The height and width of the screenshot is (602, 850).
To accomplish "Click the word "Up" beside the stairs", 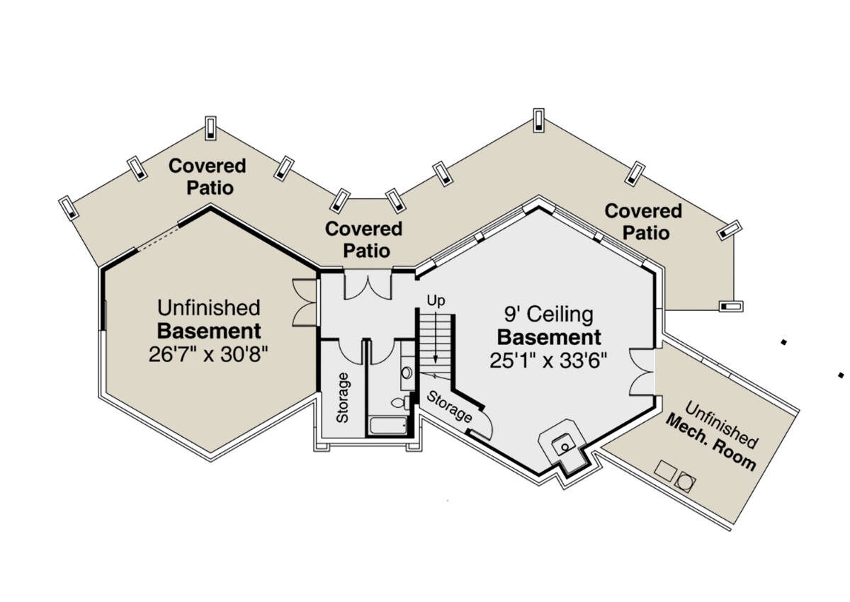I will (x=435, y=301).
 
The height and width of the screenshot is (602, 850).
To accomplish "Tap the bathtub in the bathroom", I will (x=387, y=426).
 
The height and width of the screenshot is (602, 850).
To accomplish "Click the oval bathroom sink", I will (x=407, y=373).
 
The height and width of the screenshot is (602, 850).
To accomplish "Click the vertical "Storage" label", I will (x=343, y=396).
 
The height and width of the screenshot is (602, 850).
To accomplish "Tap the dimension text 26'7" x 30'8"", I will (x=209, y=354).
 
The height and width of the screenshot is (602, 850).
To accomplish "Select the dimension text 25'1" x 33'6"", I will (x=549, y=359).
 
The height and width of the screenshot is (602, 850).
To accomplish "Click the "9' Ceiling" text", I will (x=549, y=314).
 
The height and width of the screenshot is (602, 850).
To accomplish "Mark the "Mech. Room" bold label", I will (x=710, y=445).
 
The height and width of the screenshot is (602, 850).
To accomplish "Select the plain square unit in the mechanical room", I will (x=665, y=470).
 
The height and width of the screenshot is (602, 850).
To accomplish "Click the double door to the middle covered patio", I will (x=367, y=285).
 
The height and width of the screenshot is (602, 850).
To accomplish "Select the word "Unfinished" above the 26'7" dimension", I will (x=209, y=308).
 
